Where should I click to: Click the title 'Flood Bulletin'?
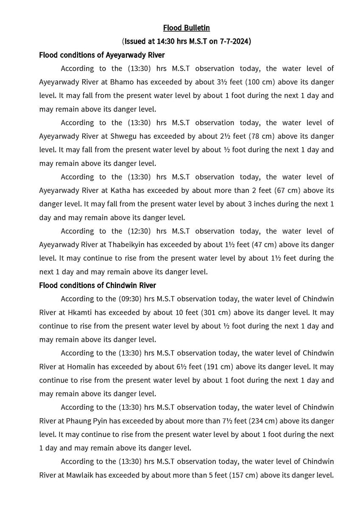186,28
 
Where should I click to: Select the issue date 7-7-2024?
235,42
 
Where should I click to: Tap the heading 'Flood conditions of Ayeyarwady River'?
102,55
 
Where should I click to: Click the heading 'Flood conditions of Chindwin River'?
97,285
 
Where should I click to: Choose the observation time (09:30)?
131,299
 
